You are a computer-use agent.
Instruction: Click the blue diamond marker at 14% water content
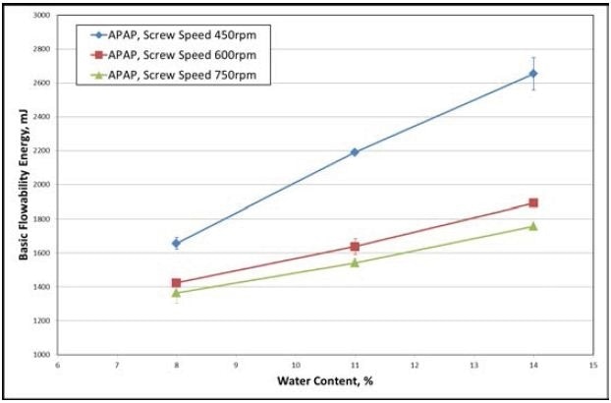pyautogui.click(x=533, y=74)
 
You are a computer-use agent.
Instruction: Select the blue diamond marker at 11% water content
pyautogui.click(x=355, y=152)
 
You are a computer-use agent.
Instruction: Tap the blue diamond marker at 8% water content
pyautogui.click(x=177, y=243)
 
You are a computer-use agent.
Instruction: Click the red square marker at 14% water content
pyautogui.click(x=533, y=202)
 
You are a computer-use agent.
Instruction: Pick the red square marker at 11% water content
pyautogui.click(x=355, y=247)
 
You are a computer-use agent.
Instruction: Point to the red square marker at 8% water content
pyautogui.click(x=177, y=283)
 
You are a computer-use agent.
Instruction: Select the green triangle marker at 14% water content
pyautogui.click(x=533, y=226)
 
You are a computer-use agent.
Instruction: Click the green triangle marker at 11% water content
pyautogui.click(x=355, y=262)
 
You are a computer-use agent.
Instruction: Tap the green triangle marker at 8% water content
pyautogui.click(x=177, y=293)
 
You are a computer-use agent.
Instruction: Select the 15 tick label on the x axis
pyautogui.click(x=592, y=365)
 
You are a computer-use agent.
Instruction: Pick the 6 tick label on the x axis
pyautogui.click(x=58, y=365)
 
